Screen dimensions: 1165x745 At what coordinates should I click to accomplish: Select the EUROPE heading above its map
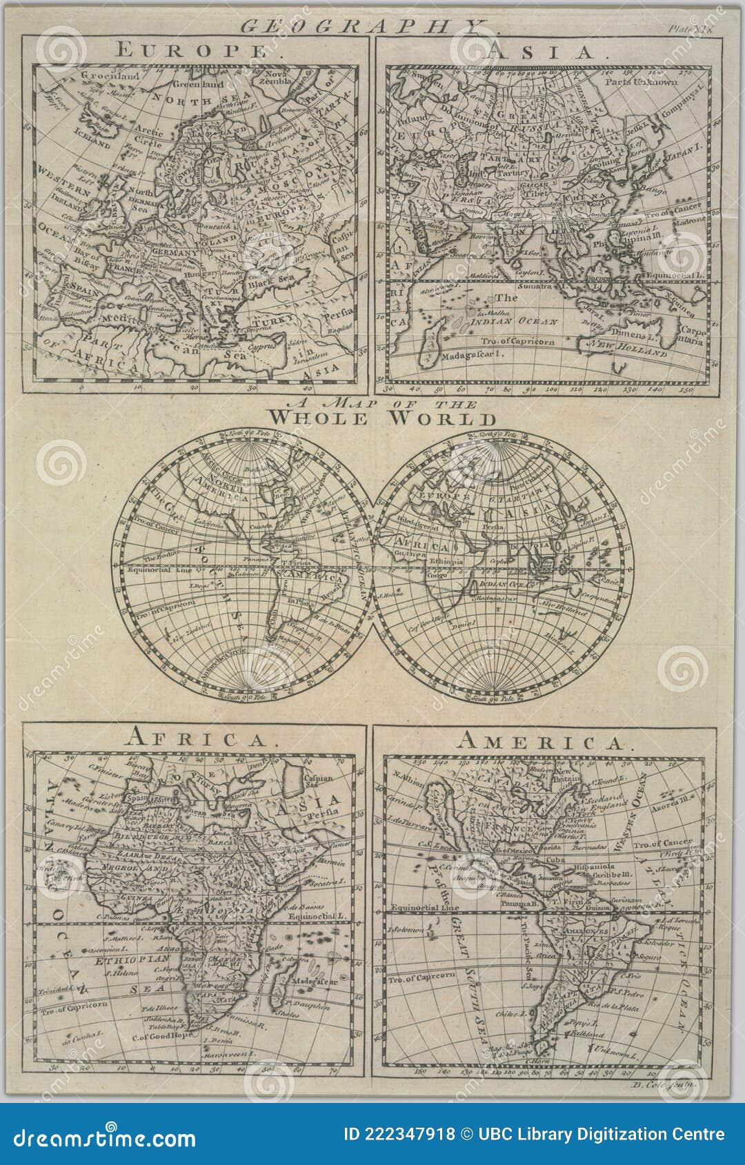[x=192, y=50]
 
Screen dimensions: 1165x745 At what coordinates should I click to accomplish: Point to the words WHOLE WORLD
[x=382, y=418]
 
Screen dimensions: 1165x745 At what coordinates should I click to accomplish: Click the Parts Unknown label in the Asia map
[x=642, y=81]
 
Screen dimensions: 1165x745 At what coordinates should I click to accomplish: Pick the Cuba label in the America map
[x=556, y=860]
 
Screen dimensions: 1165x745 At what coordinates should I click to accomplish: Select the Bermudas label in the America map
[x=590, y=846]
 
